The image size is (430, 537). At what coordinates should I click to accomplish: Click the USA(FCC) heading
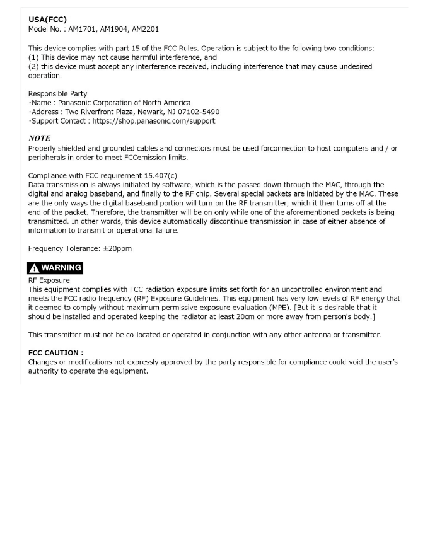pos(47,20)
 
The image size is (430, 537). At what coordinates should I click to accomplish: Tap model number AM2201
pos(145,29)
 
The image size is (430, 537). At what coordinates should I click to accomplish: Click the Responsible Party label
pos(57,94)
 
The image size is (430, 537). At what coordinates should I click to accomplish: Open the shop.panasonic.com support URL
pos(153,121)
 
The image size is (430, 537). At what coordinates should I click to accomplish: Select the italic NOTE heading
pos(39,139)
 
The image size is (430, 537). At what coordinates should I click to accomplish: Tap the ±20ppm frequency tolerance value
pos(117,248)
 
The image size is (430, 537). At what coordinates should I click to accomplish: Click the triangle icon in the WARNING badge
pos(34,268)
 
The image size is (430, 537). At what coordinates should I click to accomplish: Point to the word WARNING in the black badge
pos(61,268)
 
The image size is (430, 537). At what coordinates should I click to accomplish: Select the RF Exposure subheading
pos(49,280)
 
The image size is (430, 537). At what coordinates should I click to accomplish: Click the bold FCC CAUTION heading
pos(55,353)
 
